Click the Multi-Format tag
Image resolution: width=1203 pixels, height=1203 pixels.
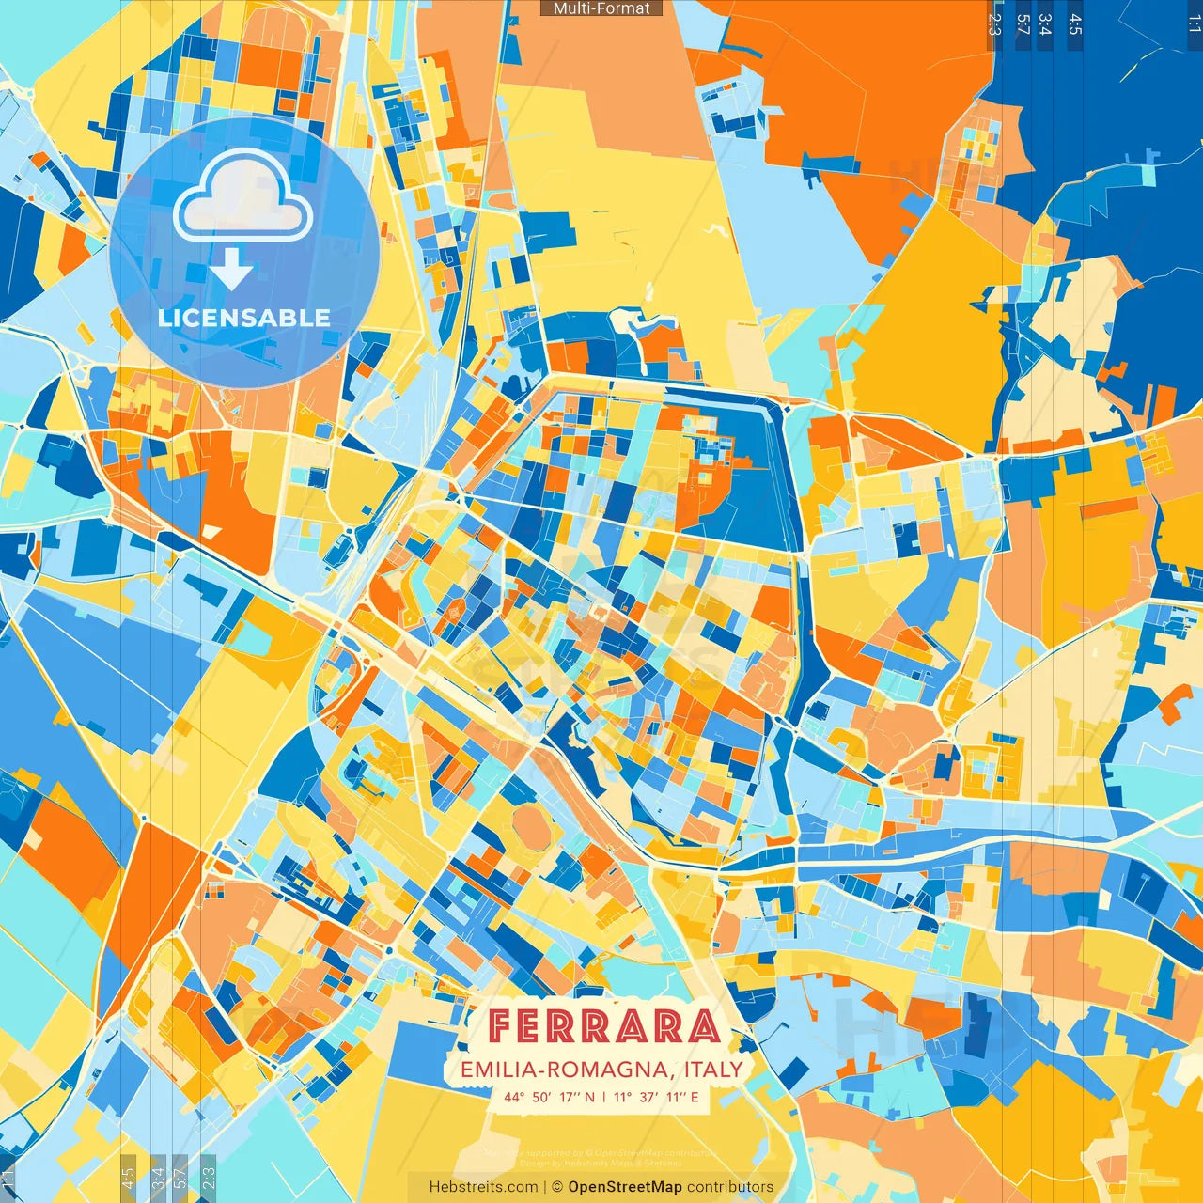tap(601, 8)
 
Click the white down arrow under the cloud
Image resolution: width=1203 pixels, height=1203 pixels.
tap(231, 269)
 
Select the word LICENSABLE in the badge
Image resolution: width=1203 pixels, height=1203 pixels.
tap(244, 318)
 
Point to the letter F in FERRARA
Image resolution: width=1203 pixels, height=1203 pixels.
tap(502, 1026)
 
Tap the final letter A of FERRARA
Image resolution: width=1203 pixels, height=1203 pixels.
tap(702, 1026)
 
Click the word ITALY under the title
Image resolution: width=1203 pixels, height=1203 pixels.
tap(713, 1070)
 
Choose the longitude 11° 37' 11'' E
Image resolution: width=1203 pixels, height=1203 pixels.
tap(656, 1097)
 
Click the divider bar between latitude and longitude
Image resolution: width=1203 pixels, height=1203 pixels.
tap(603, 1097)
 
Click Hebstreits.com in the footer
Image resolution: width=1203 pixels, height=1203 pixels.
tap(483, 1187)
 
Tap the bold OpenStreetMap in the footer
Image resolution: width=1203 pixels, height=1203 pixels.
tap(625, 1187)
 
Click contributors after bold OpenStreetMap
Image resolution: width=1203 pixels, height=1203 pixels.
tap(730, 1187)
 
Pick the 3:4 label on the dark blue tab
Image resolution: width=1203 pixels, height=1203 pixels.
tap(1045, 23)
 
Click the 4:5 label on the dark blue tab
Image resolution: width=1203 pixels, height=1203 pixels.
tap(1075, 23)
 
